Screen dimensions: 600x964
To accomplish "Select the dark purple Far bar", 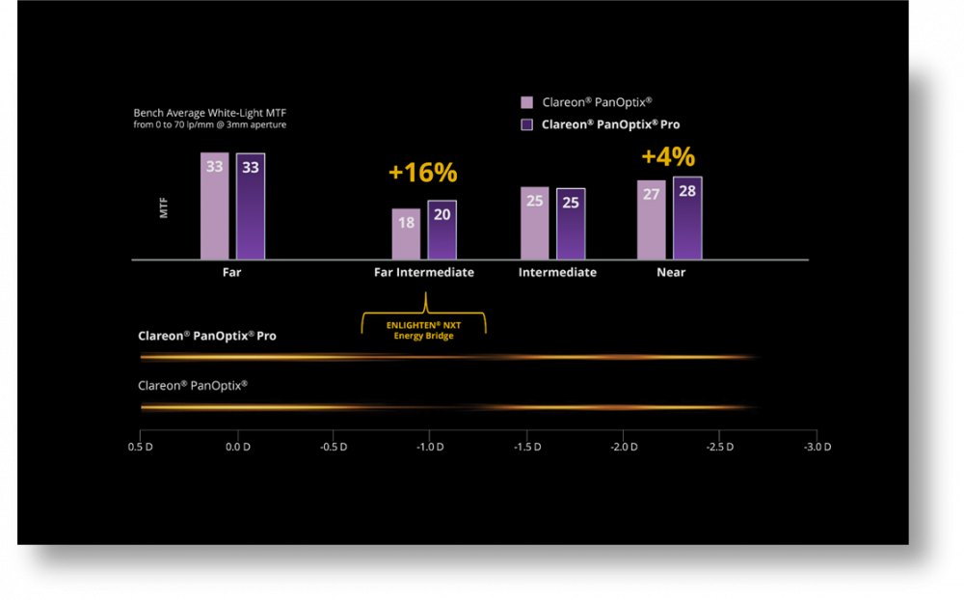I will click(250, 206).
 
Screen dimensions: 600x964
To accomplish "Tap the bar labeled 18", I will click(406, 233).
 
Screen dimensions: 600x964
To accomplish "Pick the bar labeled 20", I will click(442, 230).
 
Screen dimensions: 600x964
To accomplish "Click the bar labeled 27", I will click(651, 219).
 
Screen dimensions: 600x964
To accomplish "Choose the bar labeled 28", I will click(687, 218).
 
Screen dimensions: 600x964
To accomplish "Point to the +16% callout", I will click(422, 174).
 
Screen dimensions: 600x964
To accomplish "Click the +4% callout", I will click(668, 157).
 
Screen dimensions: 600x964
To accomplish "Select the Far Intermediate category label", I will click(424, 273).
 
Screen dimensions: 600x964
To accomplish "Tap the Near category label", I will click(671, 273).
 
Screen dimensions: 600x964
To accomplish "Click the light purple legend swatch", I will click(527, 102).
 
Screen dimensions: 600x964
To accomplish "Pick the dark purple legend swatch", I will click(527, 124).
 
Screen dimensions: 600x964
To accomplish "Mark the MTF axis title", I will click(164, 206).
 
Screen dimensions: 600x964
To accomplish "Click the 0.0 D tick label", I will click(238, 448).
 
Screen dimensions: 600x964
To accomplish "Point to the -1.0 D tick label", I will click(429, 448).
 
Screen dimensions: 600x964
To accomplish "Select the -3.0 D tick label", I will click(817, 448).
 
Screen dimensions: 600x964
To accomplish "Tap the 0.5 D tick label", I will click(141, 448).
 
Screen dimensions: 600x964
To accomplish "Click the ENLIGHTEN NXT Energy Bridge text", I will click(424, 330).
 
